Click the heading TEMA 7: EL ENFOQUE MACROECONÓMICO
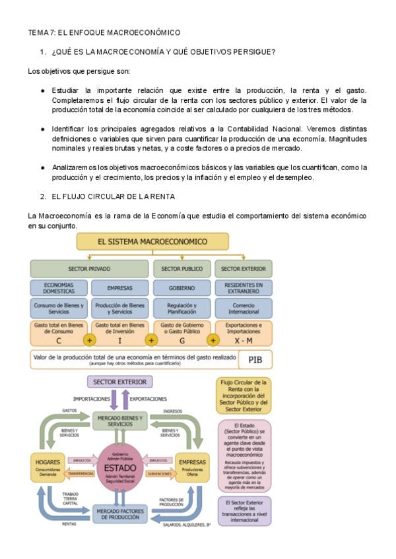(104, 32)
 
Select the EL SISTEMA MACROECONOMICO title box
(152, 242)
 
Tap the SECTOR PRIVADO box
(89, 269)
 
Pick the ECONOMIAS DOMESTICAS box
(58, 287)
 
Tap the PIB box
(254, 359)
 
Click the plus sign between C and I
(90, 340)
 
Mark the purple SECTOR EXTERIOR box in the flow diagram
(120, 382)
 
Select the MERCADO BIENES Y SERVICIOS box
(119, 421)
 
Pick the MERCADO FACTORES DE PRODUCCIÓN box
(119, 514)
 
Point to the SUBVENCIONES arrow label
(159, 473)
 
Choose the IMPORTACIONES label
(91, 399)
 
